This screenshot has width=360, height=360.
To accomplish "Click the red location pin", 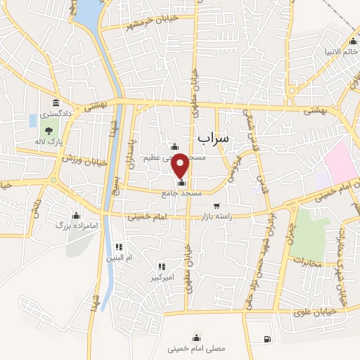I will pos(181,165).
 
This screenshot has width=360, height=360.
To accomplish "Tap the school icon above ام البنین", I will pos(119,247).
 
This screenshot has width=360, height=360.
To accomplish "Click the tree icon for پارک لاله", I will pos(49,130).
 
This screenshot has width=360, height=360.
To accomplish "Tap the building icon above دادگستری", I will pos(56,102).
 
